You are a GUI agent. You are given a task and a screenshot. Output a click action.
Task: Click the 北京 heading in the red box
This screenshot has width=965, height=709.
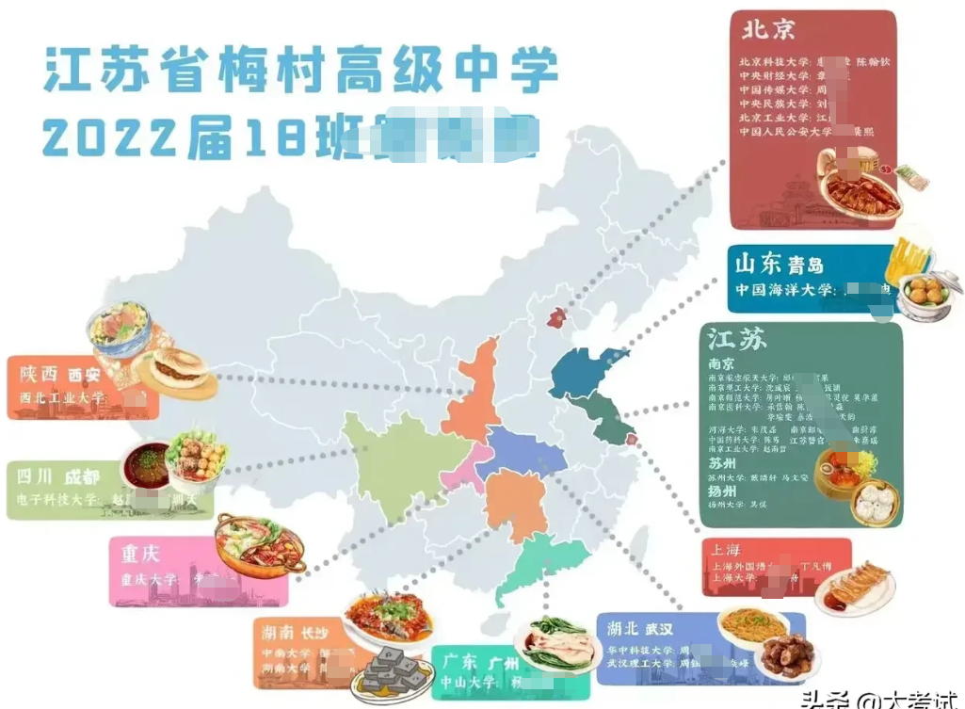pyautogui.click(x=768, y=30)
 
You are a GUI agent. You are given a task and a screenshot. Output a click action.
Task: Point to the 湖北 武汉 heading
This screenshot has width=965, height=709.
pyautogui.click(x=641, y=628)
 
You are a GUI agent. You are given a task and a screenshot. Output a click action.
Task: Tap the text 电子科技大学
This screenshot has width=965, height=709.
pyautogui.click(x=61, y=500)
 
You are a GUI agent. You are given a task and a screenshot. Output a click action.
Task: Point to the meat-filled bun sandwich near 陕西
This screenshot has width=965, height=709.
pyautogui.click(x=175, y=371)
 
